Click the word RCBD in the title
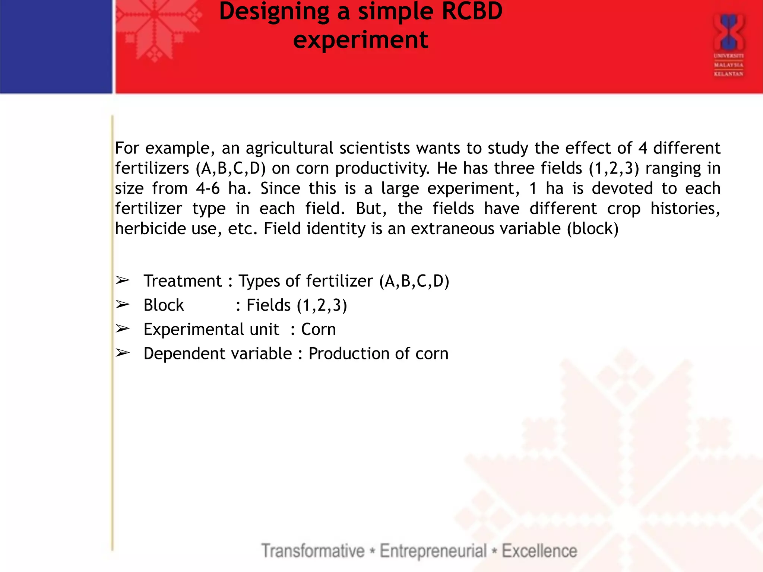click(x=472, y=11)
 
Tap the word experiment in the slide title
click(x=361, y=40)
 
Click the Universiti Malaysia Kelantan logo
click(x=728, y=45)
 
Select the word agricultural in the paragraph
click(x=289, y=148)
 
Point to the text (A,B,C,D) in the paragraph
click(x=231, y=168)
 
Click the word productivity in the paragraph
click(x=382, y=168)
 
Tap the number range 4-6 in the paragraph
click(x=208, y=188)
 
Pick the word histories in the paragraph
click(x=685, y=209)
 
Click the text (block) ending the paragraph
click(x=592, y=229)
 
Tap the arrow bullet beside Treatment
click(x=122, y=280)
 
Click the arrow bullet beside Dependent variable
click(x=122, y=353)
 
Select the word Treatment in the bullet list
click(x=183, y=281)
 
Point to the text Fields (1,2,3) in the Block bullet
click(x=297, y=305)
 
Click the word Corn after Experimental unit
click(x=318, y=330)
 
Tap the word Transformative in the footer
click(x=313, y=551)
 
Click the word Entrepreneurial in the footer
click(x=433, y=551)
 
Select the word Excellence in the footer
click(x=539, y=551)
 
